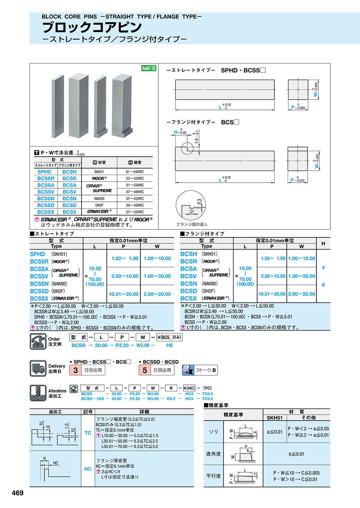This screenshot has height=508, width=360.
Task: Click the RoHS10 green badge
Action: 148,68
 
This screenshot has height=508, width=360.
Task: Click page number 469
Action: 17,493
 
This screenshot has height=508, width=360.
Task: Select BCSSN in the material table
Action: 46,198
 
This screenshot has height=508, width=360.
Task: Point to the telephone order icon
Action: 38,341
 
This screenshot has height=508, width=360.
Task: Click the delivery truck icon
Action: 38,368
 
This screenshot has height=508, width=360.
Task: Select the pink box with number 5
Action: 145,371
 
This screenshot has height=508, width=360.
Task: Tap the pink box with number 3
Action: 76,371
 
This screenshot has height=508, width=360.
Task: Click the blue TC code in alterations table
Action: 88,433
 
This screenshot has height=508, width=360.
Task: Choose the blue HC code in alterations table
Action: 88,469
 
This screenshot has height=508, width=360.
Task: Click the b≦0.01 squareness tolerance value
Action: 296,454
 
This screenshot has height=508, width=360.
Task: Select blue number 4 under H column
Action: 323,267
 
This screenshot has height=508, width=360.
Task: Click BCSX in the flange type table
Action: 189,298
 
